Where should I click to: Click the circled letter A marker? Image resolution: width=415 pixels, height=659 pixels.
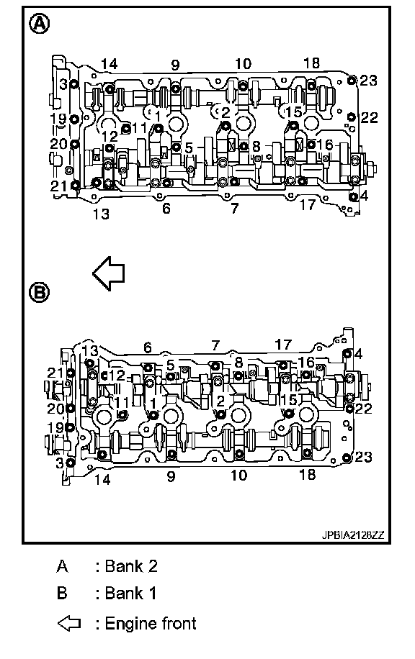(x=39, y=24)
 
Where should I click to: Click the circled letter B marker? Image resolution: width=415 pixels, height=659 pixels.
(x=39, y=291)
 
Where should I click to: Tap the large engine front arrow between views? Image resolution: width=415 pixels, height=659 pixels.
(x=109, y=273)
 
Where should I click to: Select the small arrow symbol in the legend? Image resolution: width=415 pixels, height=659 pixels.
(x=68, y=623)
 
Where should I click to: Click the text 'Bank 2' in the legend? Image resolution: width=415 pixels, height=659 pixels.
(x=131, y=566)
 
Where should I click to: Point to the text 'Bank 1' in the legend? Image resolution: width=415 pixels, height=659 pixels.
(x=130, y=594)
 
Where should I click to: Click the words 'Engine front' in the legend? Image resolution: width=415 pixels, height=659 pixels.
(x=151, y=623)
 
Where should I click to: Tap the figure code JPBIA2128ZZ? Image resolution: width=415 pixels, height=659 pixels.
(x=353, y=535)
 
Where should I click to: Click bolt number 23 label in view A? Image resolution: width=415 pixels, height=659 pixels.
(x=368, y=81)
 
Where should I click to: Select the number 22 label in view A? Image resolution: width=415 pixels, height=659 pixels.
(x=369, y=117)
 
